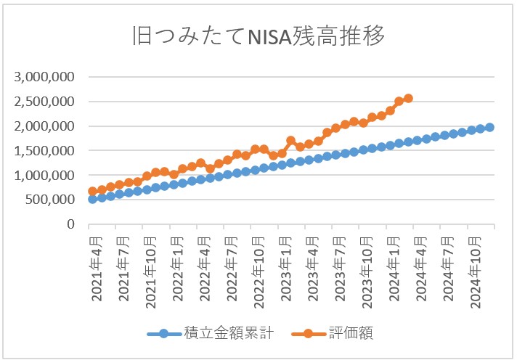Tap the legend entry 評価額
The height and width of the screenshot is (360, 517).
(355, 334)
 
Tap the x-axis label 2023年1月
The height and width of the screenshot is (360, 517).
(286, 268)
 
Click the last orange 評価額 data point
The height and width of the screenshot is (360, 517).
(408, 98)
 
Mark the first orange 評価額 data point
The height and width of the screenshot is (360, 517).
(93, 192)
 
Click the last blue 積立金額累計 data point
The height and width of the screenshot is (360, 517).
(489, 127)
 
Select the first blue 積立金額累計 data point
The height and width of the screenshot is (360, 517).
(93, 199)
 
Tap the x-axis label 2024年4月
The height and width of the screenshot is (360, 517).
(421, 268)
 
